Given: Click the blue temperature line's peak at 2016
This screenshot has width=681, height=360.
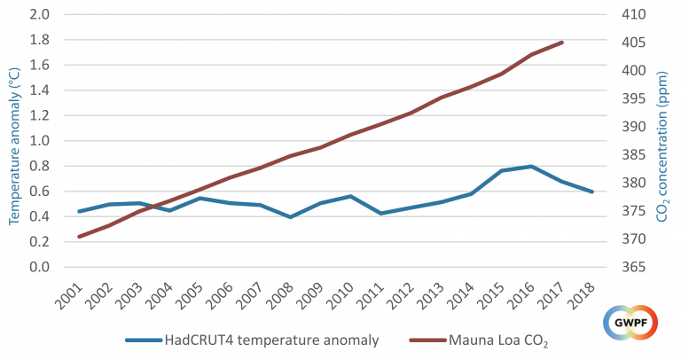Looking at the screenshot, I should coord(531,166).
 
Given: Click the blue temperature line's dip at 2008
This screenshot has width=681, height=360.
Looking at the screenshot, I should coord(290,216).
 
